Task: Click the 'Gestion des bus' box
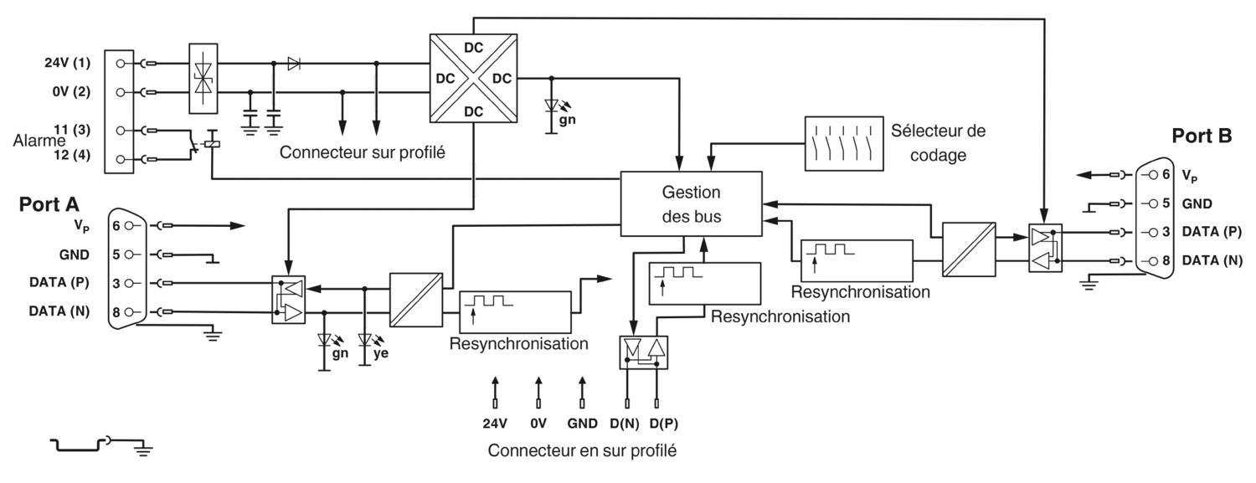(691, 204)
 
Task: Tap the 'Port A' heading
(49, 204)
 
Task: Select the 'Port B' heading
(1202, 136)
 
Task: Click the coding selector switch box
(844, 143)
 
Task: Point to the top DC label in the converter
(473, 48)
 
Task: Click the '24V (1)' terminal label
(67, 62)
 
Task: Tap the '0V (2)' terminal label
(71, 90)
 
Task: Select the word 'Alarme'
(39, 140)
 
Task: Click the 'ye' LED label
(381, 353)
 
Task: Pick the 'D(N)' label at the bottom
(625, 424)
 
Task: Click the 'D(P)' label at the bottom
(664, 424)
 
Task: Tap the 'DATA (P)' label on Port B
(1212, 231)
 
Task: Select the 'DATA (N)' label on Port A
(59, 311)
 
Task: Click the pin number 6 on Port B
(1166, 174)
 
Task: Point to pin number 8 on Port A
(116, 312)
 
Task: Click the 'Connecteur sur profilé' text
(363, 152)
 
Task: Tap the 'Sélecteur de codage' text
(938, 143)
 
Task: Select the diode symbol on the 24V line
(294, 64)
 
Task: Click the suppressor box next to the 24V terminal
(203, 79)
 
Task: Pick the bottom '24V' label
(495, 424)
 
